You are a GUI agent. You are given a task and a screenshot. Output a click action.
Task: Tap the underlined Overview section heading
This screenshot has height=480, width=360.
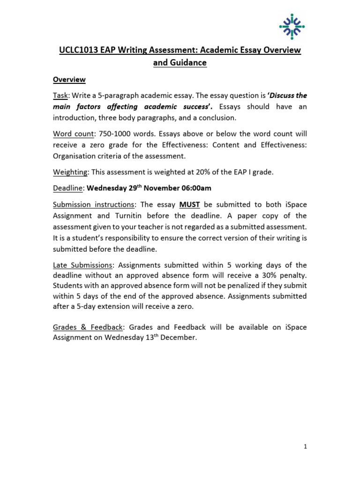click(x=68, y=80)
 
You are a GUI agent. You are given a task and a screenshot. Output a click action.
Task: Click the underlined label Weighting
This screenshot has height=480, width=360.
click(x=69, y=172)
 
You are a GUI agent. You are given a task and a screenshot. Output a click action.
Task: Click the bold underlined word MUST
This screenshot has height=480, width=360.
click(x=190, y=204)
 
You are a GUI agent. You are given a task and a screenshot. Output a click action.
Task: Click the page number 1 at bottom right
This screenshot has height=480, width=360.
click(x=305, y=447)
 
